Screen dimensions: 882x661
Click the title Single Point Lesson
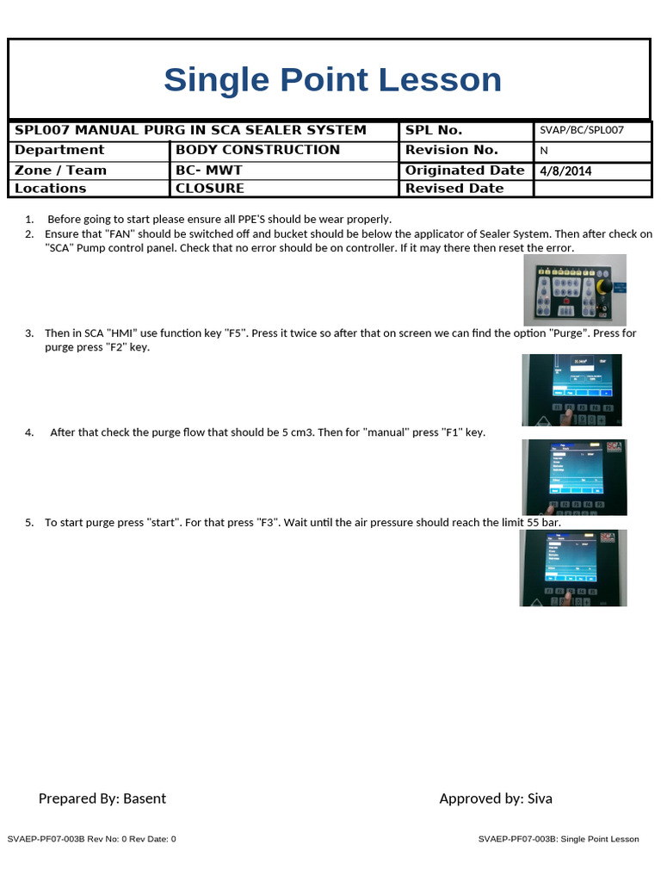coord(332,80)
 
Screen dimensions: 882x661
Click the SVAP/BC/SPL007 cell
coord(581,131)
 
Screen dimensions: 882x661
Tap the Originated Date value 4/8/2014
coord(565,171)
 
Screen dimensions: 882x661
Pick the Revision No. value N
coord(544,151)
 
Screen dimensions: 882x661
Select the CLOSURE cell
coord(210,189)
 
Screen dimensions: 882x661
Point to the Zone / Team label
coord(60,171)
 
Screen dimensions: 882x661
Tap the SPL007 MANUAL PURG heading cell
coord(190,130)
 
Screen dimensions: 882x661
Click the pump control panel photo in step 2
coord(574,289)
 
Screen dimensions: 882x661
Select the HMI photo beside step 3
coord(572,391)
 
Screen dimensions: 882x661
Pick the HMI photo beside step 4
coord(574,477)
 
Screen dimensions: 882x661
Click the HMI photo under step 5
coord(573,568)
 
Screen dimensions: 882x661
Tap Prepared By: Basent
coord(102,798)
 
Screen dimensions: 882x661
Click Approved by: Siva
coord(496,798)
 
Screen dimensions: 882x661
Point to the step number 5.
coord(28,523)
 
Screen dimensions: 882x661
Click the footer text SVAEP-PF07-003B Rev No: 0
coord(91,839)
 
